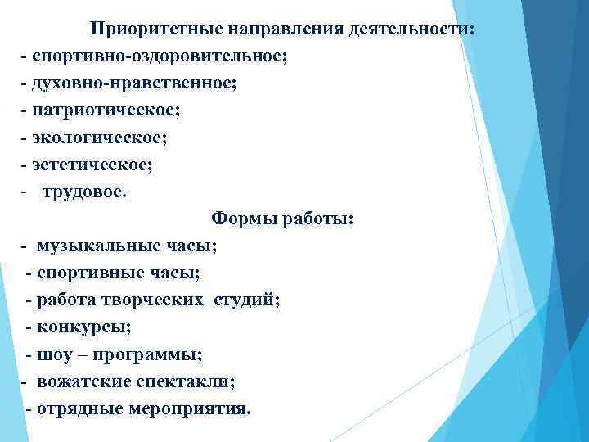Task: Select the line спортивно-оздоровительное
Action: (160, 57)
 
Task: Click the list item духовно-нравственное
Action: (134, 84)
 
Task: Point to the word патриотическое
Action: (101, 111)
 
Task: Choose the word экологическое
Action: (97, 138)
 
